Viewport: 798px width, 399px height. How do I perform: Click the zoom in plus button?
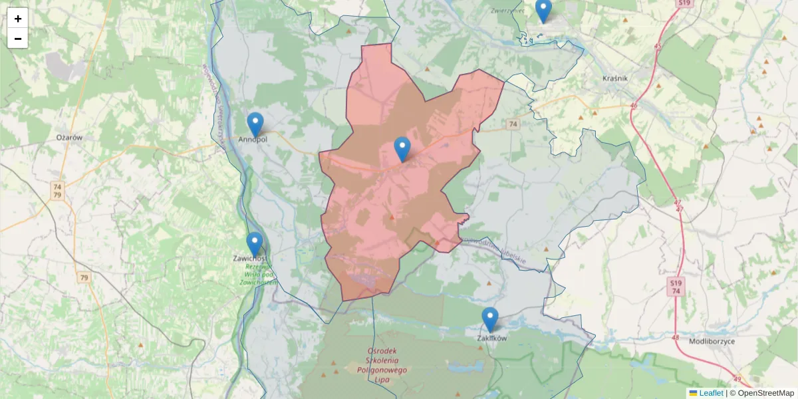[x=18, y=19]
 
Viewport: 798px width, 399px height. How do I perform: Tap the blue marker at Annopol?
[x=255, y=124]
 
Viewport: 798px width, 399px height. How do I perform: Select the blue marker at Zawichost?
[x=255, y=243]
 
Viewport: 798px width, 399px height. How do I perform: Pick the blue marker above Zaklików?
[x=490, y=319]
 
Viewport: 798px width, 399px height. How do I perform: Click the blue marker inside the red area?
[x=402, y=149]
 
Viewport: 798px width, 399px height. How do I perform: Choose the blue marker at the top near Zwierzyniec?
[x=543, y=11]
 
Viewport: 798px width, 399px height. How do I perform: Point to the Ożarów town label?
[x=69, y=137]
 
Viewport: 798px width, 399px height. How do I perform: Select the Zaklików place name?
[x=492, y=338]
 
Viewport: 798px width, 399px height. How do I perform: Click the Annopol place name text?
[x=253, y=140]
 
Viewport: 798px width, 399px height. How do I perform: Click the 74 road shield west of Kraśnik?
[x=512, y=124]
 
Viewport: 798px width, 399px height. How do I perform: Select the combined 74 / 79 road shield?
[x=57, y=191]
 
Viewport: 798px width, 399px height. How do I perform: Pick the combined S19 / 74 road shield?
[x=675, y=287]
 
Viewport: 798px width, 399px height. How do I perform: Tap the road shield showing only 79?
[x=83, y=277]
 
